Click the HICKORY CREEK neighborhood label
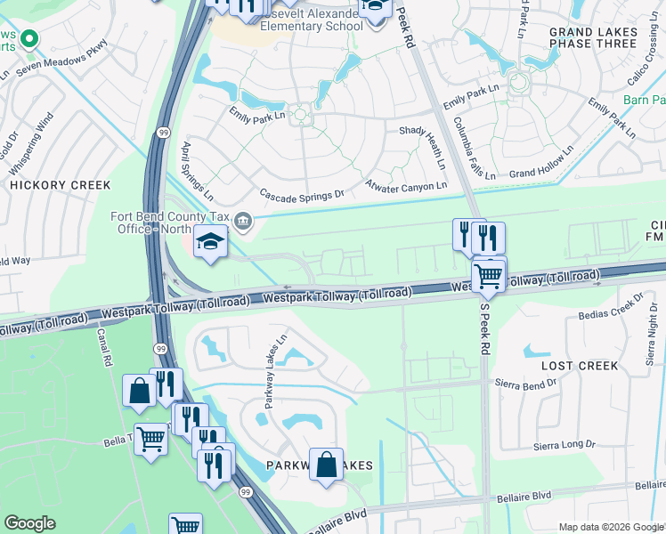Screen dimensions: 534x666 tap(60, 185)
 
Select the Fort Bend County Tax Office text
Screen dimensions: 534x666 tap(170, 222)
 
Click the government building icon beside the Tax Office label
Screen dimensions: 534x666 tap(242, 220)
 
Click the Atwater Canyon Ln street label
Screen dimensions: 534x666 tap(406, 186)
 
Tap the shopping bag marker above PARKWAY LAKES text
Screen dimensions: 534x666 tap(327, 465)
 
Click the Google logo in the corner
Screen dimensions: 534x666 tap(30, 523)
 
